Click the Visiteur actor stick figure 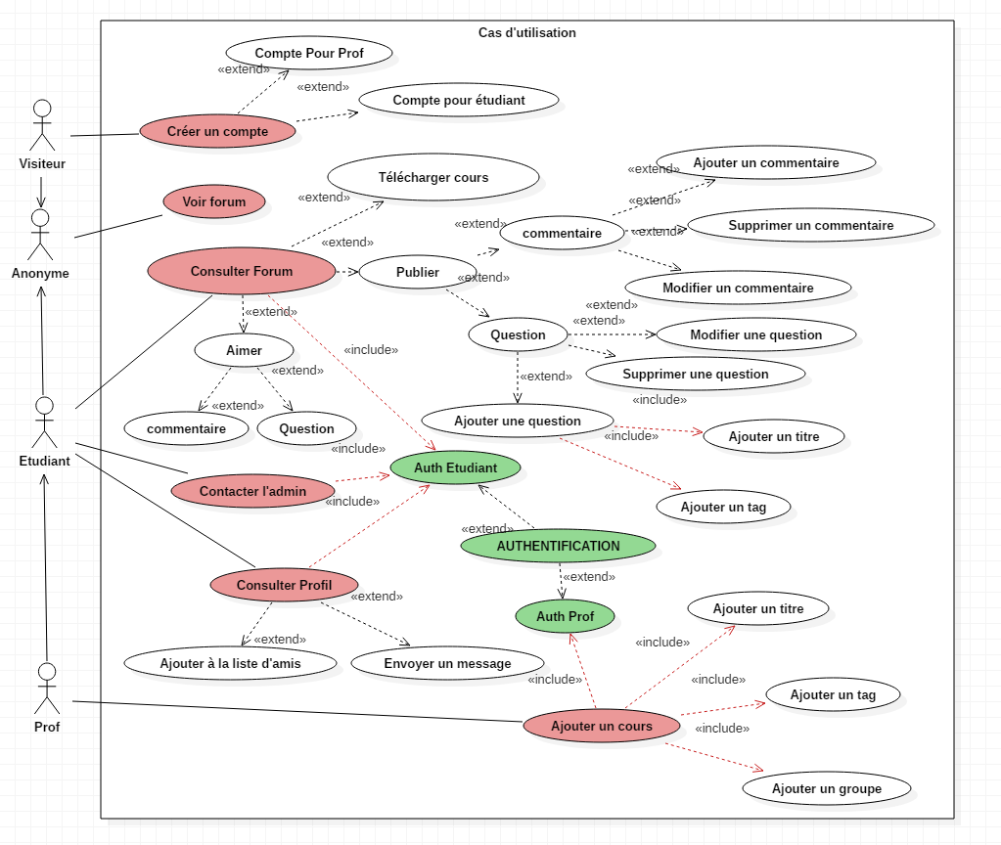point(42,125)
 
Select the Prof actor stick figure point(47,689)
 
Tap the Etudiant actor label point(45,461)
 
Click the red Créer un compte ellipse point(217,131)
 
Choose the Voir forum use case point(214,201)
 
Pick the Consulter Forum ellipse point(242,271)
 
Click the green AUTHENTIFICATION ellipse point(558,546)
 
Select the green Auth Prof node point(565,616)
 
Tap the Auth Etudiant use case point(455,467)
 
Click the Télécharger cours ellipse point(433,177)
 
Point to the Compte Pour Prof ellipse point(309,53)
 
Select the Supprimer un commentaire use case point(811,225)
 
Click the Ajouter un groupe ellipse point(827,789)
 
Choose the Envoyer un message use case point(447,664)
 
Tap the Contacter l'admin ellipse point(252,491)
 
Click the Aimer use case point(244,350)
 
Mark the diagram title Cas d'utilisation point(527,32)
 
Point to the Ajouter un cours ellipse point(602,727)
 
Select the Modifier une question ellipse point(755,335)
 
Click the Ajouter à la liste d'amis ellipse point(231,664)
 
